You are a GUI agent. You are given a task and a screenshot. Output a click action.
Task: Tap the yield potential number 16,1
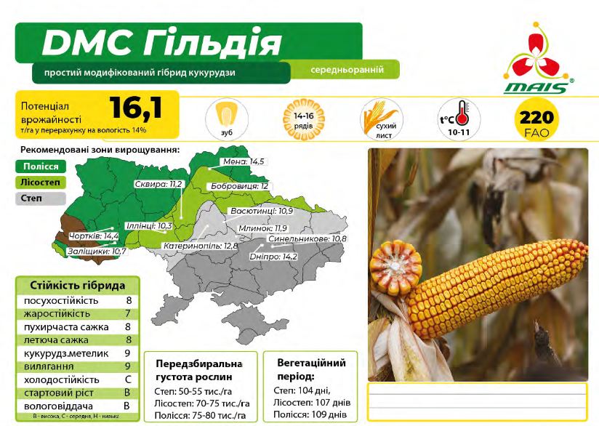click(136, 108)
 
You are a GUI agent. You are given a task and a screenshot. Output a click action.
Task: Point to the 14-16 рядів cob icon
click(304, 119)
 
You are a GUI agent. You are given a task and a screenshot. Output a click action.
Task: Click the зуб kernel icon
click(227, 119)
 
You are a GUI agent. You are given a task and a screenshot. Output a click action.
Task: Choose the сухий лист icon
click(381, 119)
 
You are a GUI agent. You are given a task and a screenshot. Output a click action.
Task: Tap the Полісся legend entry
click(41, 166)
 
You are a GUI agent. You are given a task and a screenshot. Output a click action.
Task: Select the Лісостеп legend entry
click(41, 182)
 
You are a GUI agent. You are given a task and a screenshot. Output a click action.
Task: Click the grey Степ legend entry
click(41, 198)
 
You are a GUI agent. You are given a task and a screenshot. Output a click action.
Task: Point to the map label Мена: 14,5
click(244, 161)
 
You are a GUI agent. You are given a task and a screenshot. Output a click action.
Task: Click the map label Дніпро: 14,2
click(273, 257)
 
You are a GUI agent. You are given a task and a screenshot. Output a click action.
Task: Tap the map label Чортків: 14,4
click(94, 236)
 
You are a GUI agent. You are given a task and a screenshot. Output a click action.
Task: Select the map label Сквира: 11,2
click(158, 184)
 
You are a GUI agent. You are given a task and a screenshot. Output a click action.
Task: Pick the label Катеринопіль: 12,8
click(201, 246)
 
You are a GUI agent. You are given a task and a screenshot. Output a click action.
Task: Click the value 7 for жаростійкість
click(128, 314)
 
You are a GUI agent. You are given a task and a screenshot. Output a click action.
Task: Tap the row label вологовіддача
click(58, 406)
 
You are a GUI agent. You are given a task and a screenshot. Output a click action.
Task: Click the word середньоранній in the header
click(347, 70)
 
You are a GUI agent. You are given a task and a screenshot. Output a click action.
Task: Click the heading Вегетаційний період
click(311, 369)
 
